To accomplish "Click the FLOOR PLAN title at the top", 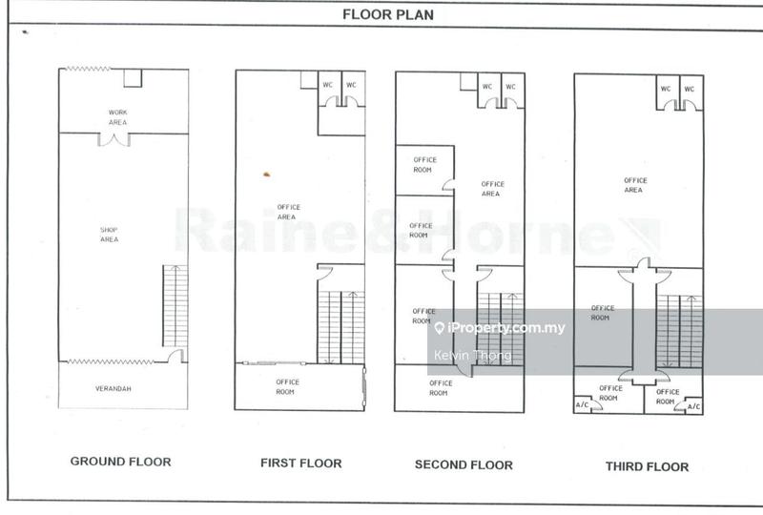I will click(381, 14).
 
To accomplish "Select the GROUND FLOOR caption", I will click(121, 462).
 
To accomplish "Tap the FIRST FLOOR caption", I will click(300, 463).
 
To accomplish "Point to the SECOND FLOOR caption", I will click(464, 465).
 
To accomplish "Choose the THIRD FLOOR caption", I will click(647, 466).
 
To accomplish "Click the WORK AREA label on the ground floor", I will click(117, 116).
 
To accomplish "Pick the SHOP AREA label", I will click(110, 234).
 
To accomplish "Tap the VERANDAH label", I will click(113, 389).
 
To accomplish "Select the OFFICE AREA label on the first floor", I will click(287, 212).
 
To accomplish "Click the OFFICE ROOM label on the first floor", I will click(287, 386).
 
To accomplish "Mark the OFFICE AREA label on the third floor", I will click(635, 184).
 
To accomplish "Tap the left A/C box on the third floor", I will click(582, 405).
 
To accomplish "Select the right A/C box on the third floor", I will click(693, 406).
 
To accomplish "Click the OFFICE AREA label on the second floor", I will click(491, 188).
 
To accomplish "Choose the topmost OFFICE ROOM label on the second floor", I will click(423, 164).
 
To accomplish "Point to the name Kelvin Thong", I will click(472, 356).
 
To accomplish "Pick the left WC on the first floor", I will click(328, 86).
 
